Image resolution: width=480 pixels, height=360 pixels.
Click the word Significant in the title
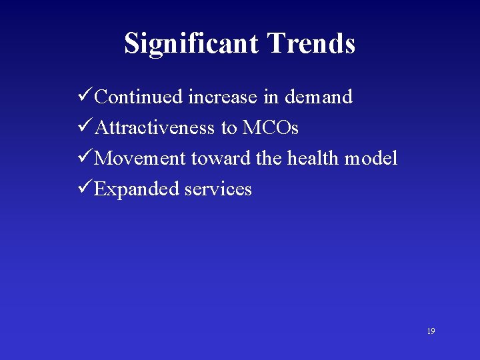pos(192,44)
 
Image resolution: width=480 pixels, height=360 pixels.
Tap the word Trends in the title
pos(311,44)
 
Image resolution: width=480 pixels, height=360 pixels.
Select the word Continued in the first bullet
pos(139,97)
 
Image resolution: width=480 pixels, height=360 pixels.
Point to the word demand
pos(318,97)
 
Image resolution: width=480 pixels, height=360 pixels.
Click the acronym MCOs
pos(270,128)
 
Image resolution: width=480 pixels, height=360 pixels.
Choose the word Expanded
pos(137,189)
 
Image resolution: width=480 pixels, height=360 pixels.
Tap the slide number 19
pos(431,331)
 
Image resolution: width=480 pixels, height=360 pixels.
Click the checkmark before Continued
pos(85,97)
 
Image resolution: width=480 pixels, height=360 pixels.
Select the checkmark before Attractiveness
pos(85,127)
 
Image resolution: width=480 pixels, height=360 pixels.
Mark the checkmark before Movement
pos(85,158)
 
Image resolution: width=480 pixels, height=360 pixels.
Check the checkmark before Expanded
pos(85,189)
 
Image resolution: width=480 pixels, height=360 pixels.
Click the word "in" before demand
pos(271,97)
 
